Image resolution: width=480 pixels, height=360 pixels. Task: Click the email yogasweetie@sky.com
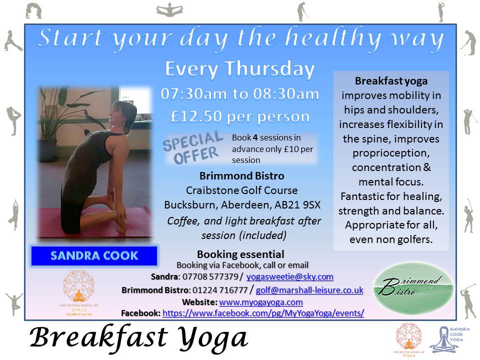pyautogui.click(x=290, y=276)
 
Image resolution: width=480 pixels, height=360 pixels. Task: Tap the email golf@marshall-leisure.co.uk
pyautogui.click(x=309, y=289)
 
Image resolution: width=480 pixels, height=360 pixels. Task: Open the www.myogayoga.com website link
pyautogui.click(x=261, y=302)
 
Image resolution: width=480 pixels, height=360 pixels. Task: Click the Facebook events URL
pyautogui.click(x=263, y=313)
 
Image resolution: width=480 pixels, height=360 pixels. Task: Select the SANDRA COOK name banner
pyautogui.click(x=94, y=255)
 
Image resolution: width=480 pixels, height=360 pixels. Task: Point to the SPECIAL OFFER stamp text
pyautogui.click(x=193, y=147)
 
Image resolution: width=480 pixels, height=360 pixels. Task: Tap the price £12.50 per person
pyautogui.click(x=239, y=116)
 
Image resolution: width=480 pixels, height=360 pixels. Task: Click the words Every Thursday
pyautogui.click(x=239, y=69)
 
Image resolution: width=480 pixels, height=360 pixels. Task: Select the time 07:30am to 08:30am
pyautogui.click(x=239, y=93)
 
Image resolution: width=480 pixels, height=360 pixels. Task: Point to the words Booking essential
pyautogui.click(x=240, y=254)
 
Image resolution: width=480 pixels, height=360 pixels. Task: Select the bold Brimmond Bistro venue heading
pyautogui.click(x=241, y=176)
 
